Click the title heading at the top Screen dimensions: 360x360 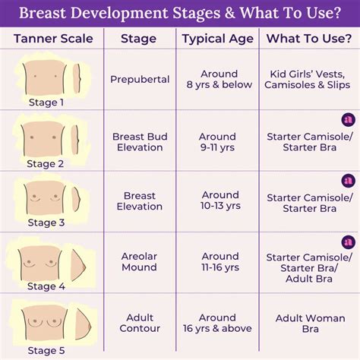point(180,14)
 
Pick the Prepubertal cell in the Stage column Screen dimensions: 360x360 point(140,80)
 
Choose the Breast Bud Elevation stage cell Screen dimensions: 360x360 point(140,141)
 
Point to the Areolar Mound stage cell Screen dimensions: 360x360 point(140,262)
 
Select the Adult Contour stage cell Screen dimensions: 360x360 point(140,323)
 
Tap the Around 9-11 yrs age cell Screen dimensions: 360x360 point(219,141)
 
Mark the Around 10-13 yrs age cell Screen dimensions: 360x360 point(219,201)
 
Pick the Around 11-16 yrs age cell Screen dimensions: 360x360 point(219,262)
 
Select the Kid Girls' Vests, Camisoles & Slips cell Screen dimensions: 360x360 point(308,80)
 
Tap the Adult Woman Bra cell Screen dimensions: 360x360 point(308,323)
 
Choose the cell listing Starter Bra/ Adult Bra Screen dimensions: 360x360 point(308,267)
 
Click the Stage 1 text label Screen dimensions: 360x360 point(46,103)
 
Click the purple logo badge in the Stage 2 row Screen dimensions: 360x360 point(348,120)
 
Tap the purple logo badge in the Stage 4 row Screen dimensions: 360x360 point(348,242)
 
